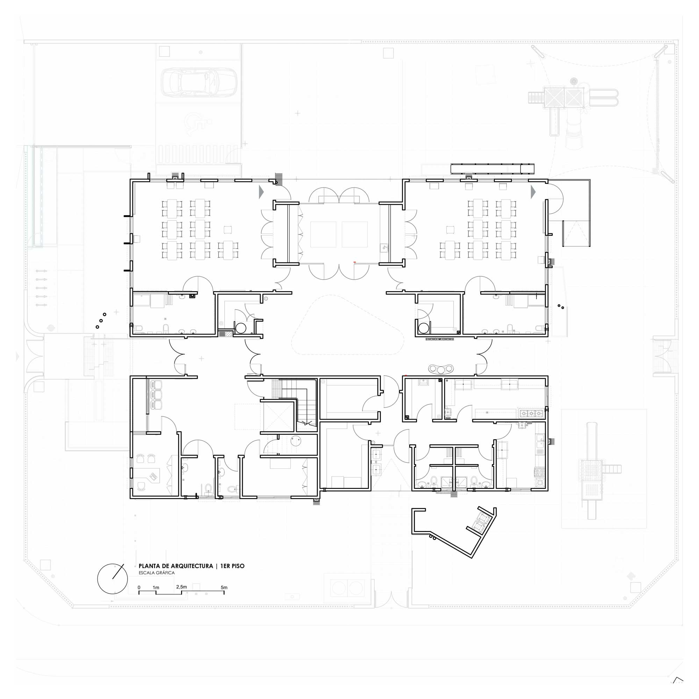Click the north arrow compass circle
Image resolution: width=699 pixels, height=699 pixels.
(113, 578)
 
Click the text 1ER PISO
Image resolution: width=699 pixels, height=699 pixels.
(232, 566)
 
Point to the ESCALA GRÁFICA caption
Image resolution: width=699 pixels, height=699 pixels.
(157, 573)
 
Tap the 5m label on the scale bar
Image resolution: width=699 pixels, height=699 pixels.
(224, 587)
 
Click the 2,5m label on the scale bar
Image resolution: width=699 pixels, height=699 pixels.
(181, 586)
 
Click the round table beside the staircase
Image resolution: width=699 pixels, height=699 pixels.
(296, 441)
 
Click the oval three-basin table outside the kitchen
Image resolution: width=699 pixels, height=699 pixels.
(441, 369)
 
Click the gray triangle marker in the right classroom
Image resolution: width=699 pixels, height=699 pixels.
(533, 192)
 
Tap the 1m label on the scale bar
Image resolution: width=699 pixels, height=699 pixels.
(156, 588)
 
